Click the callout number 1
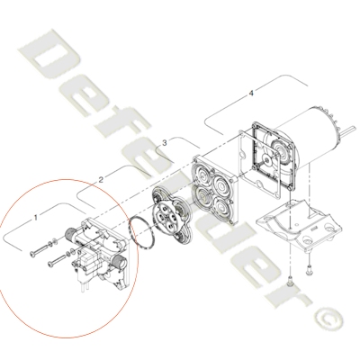[x=36, y=217]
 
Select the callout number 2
[x=101, y=180]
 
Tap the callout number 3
[x=165, y=143]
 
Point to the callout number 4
[x=251, y=94]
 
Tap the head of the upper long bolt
[x=31, y=255]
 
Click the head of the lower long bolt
[x=50, y=264]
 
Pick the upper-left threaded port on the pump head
[x=69, y=233]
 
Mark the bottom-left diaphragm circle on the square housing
[x=202, y=197]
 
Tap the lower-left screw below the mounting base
[x=290, y=281]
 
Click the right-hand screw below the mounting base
[x=308, y=270]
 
